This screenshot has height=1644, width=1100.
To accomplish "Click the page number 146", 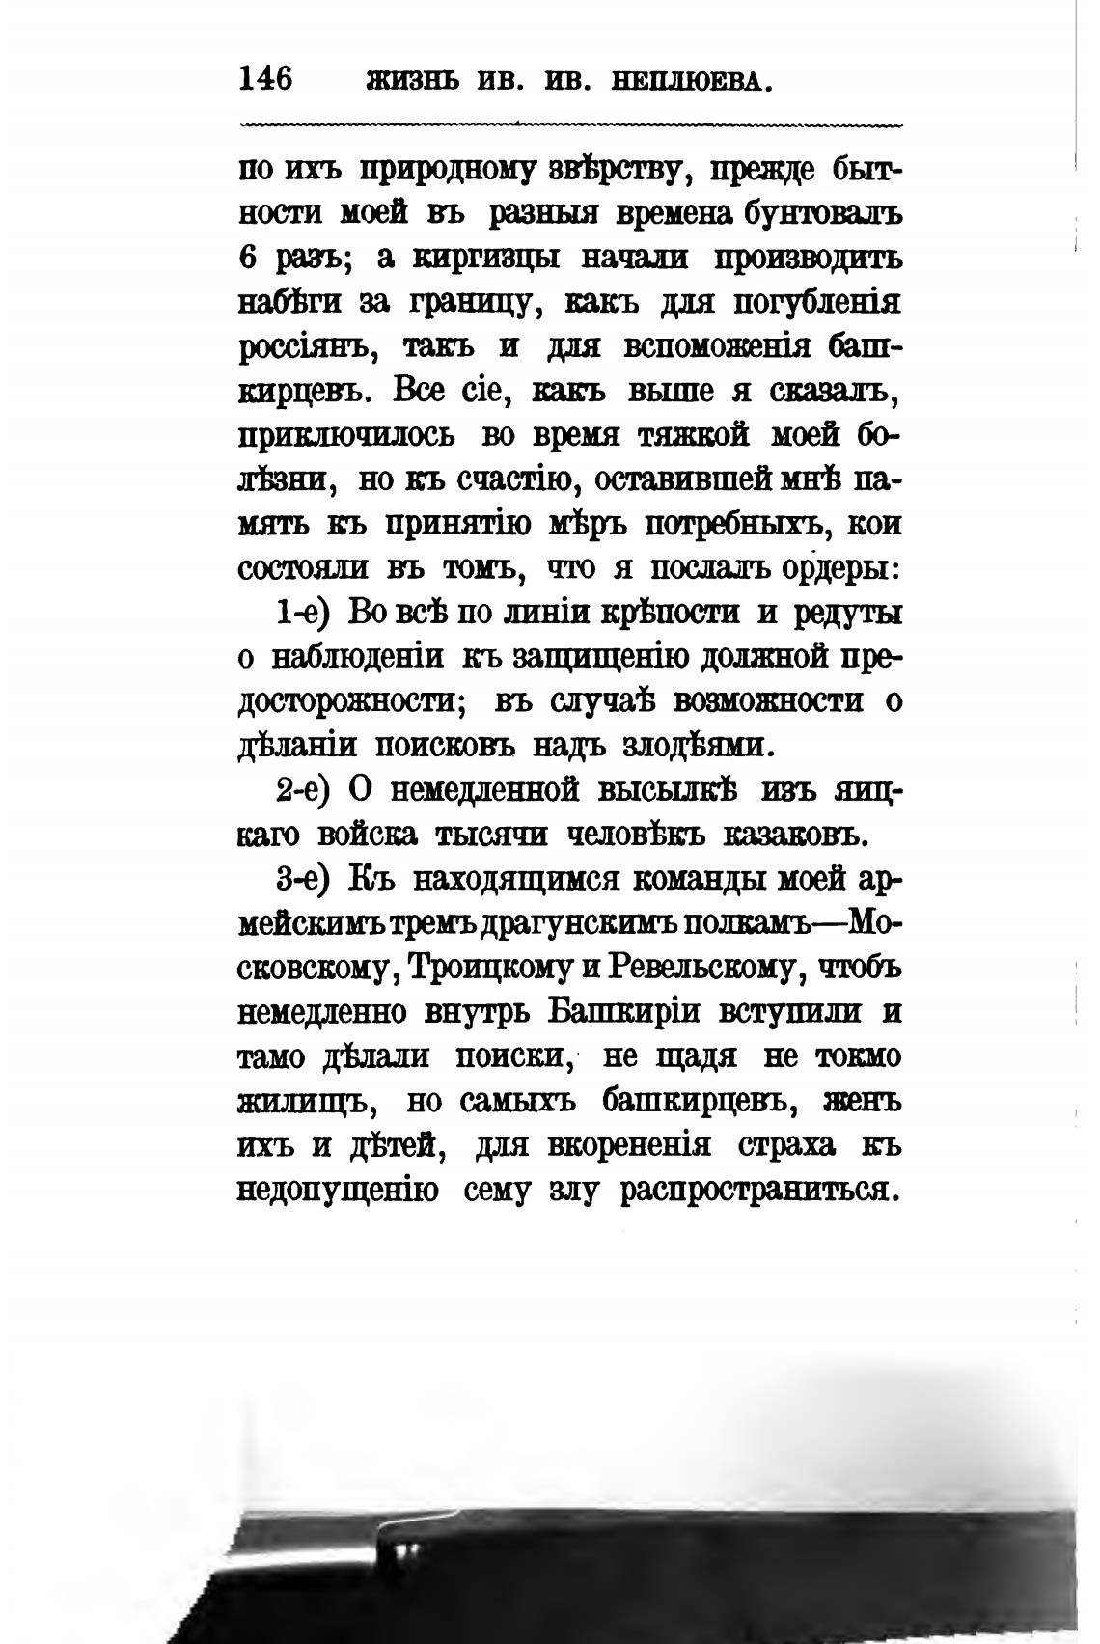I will click(x=264, y=78).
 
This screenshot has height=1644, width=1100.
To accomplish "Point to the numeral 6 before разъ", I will click(x=247, y=260).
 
